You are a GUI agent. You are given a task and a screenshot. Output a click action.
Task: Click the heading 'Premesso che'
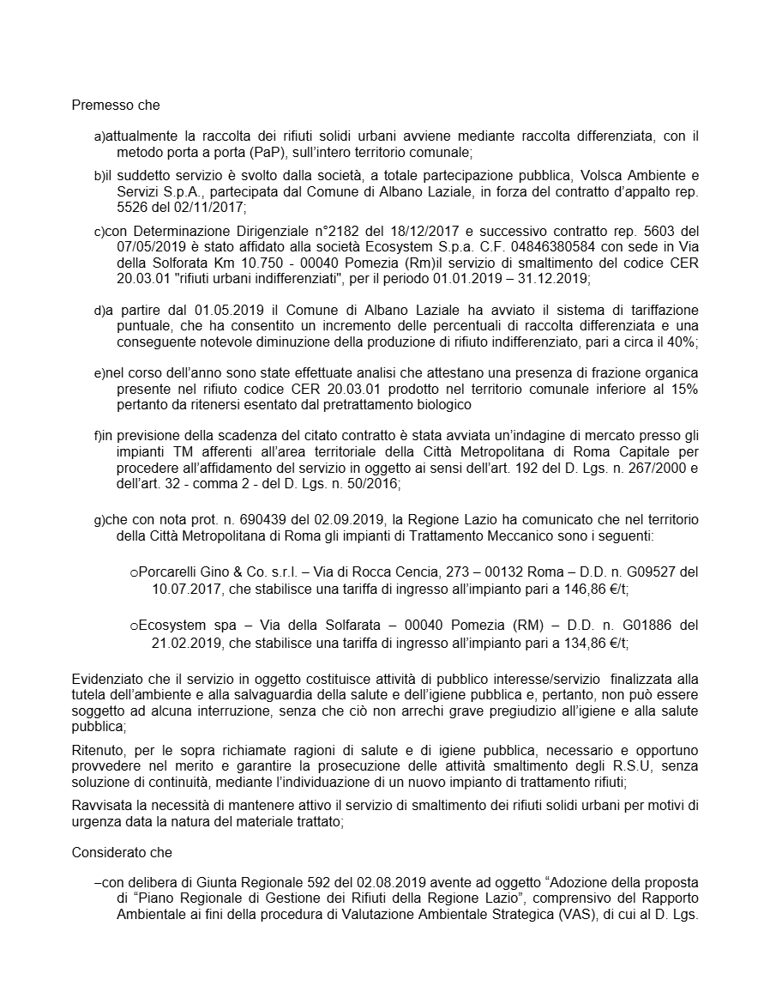coord(115,106)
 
